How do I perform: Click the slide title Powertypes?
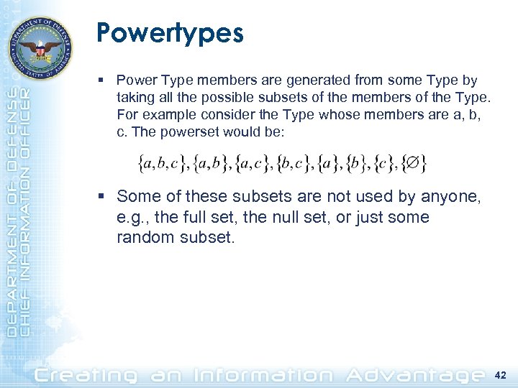(x=170, y=33)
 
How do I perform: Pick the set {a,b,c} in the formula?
(x=163, y=165)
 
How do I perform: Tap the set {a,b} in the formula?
(x=209, y=165)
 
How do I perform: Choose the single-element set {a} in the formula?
(x=332, y=165)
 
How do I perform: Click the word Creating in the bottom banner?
(x=86, y=375)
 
